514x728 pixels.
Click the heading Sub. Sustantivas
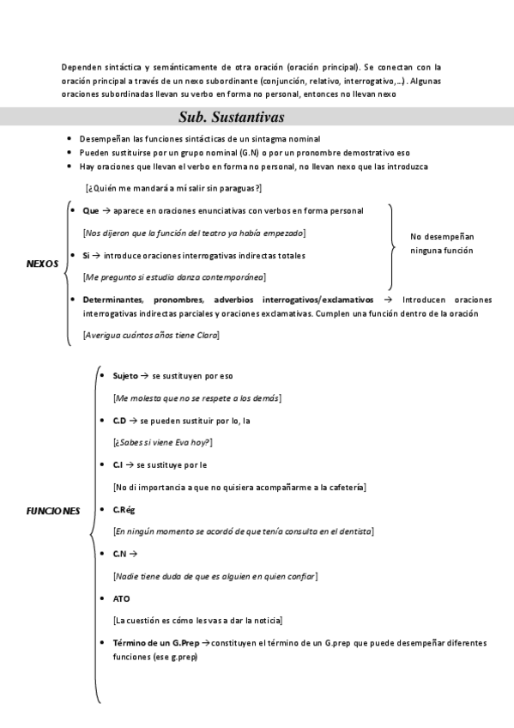pyautogui.click(x=232, y=117)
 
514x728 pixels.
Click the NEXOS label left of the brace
pyautogui.click(x=43, y=264)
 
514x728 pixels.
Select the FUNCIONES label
pyautogui.click(x=53, y=511)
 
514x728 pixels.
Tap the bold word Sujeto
pyautogui.click(x=125, y=376)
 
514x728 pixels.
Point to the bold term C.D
pyautogui.click(x=119, y=421)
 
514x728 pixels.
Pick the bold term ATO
pyautogui.click(x=121, y=598)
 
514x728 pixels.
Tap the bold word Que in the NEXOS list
pyautogui.click(x=91, y=210)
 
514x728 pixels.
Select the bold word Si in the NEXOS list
pyautogui.click(x=87, y=255)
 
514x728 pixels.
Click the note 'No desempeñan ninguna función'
pyautogui.click(x=442, y=243)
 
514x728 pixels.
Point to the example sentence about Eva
pyautogui.click(x=163, y=442)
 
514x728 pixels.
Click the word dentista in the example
pyautogui.click(x=354, y=531)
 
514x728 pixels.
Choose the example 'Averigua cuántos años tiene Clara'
pyautogui.click(x=151, y=335)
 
